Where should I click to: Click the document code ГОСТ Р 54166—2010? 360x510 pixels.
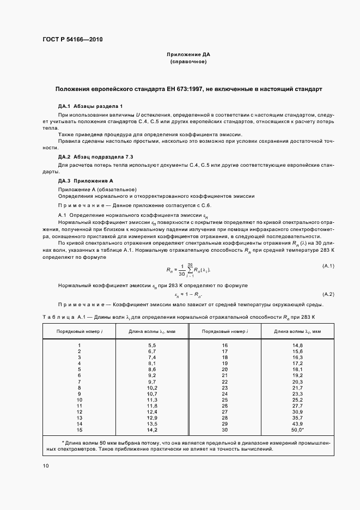coord(72,40)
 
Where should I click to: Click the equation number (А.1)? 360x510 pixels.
coord(328,265)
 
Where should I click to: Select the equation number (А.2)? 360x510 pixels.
coord(328,294)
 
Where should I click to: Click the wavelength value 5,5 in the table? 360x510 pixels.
coord(152,345)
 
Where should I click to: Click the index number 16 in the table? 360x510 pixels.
coord(224,345)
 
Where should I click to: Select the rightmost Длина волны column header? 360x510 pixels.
coord(297,331)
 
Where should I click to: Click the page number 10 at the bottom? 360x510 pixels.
coord(46,465)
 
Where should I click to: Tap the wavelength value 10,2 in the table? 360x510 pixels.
coord(152,387)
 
